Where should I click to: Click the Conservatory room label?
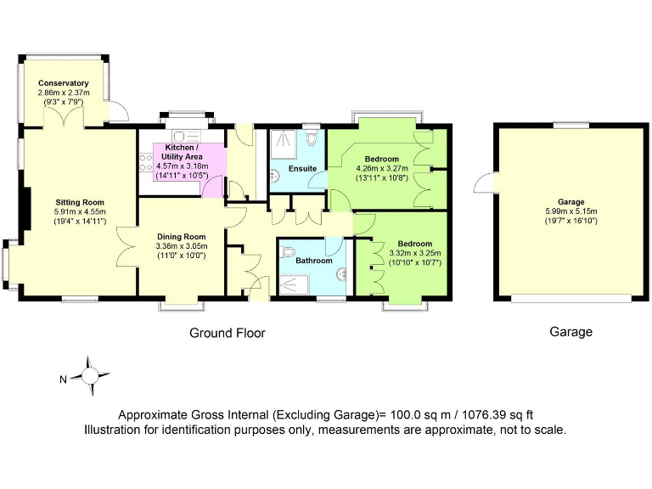pos(64,83)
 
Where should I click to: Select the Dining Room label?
pos(181,236)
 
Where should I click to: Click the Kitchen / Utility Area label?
pos(177,152)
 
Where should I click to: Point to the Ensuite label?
pos(302,168)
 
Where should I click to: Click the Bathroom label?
pos(313,261)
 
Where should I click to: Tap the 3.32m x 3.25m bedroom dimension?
pos(409,253)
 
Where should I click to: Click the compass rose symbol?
pos(90,374)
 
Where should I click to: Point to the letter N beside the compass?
pos(63,379)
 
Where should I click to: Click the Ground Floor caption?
pos(227,334)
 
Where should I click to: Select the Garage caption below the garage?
pos(570,332)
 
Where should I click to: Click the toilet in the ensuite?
pos(312,136)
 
